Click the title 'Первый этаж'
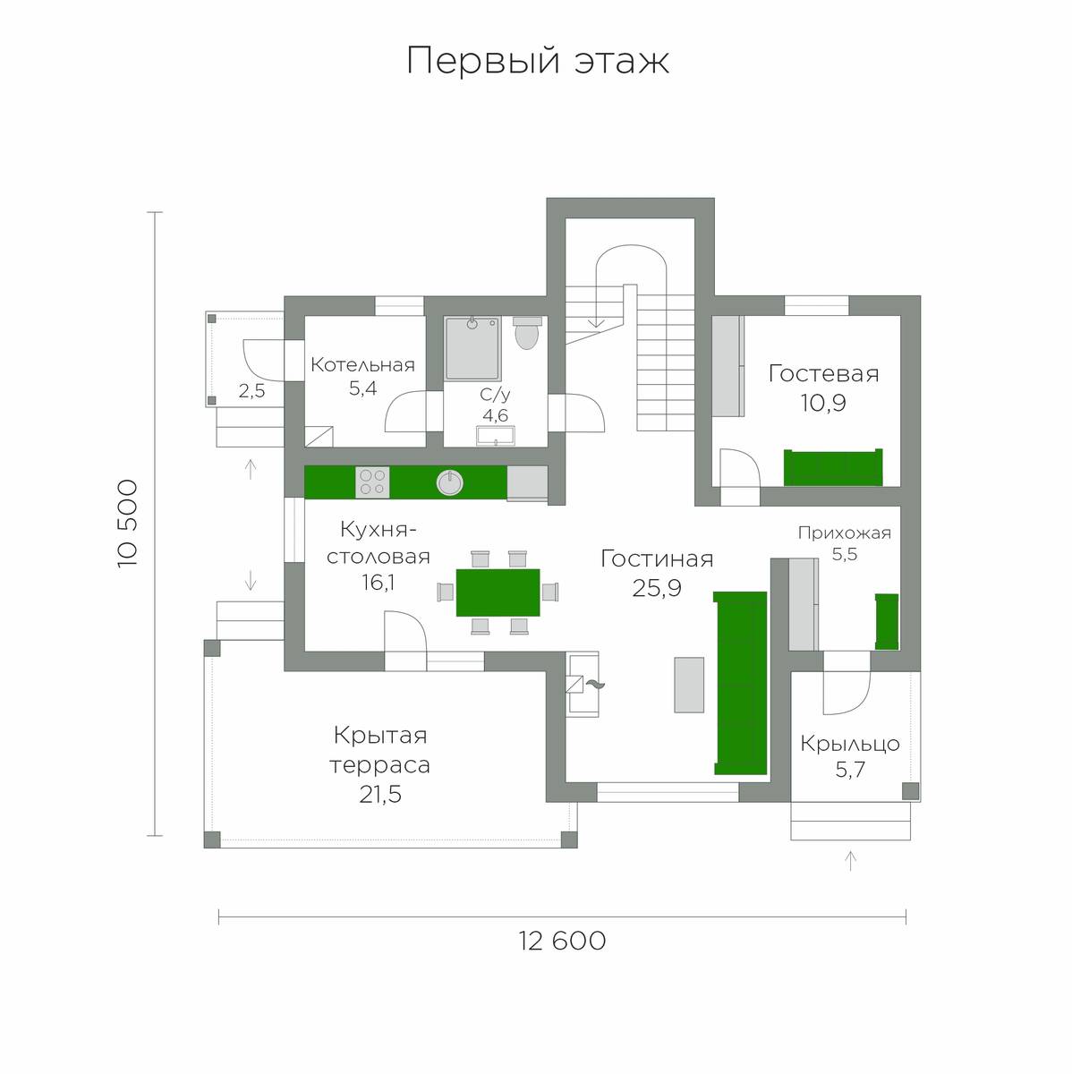(538, 61)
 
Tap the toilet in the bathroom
(527, 333)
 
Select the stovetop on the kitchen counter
(372, 482)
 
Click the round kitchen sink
(449, 482)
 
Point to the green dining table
(498, 592)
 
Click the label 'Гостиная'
(657, 559)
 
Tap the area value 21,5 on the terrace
(380, 794)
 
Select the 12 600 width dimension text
(563, 941)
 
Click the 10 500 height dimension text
(128, 524)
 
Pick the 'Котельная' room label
(363, 365)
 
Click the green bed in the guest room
(833, 467)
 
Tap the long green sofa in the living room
(740, 683)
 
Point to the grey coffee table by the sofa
(689, 685)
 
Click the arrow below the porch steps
(851, 860)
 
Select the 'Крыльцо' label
(850, 745)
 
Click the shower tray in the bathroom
(472, 348)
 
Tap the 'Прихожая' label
(845, 533)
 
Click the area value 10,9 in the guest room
(823, 403)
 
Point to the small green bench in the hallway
(887, 621)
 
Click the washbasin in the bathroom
(496, 436)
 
